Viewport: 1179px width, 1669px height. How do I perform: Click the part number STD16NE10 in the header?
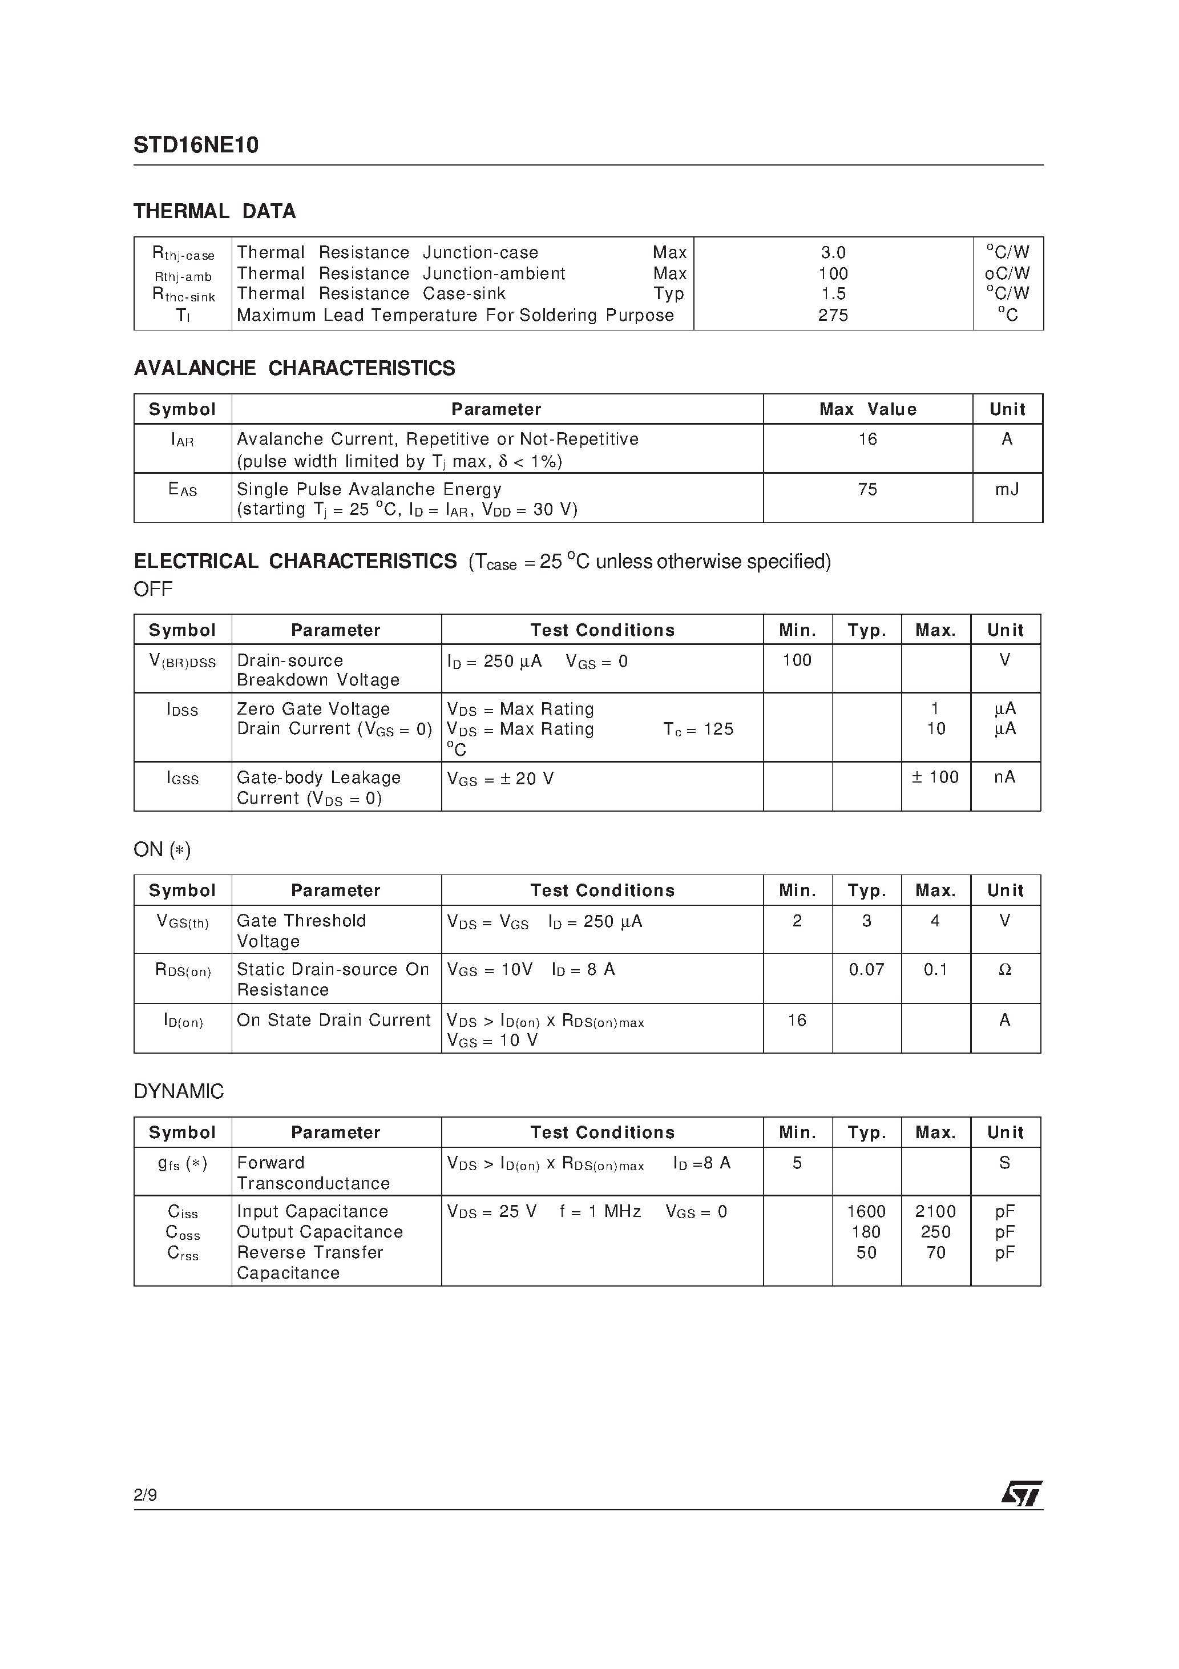click(x=196, y=146)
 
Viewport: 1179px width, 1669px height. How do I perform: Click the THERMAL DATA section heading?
click(x=215, y=212)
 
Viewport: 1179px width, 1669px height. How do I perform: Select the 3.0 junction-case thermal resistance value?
click(x=833, y=252)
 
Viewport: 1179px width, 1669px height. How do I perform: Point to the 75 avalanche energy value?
click(x=867, y=489)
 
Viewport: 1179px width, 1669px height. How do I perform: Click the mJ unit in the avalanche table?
click(x=1007, y=489)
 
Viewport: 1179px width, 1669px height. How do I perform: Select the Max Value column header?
click(x=867, y=409)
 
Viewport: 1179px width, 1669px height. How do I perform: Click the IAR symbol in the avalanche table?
click(x=183, y=440)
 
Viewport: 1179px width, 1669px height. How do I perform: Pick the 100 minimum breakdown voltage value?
click(x=797, y=660)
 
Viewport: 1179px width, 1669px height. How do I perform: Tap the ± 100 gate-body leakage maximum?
click(x=935, y=777)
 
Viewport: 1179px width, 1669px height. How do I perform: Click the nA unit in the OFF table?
click(x=1004, y=777)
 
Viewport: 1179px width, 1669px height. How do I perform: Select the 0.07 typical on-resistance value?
click(x=866, y=969)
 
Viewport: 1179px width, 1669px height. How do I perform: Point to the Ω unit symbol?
click(x=1004, y=969)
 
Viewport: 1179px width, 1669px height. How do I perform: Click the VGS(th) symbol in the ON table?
click(x=183, y=922)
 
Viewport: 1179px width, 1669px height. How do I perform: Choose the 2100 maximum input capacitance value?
click(x=935, y=1211)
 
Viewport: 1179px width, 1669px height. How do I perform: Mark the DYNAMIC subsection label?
click(x=179, y=1091)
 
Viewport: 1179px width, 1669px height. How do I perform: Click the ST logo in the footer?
click(x=1021, y=1493)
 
